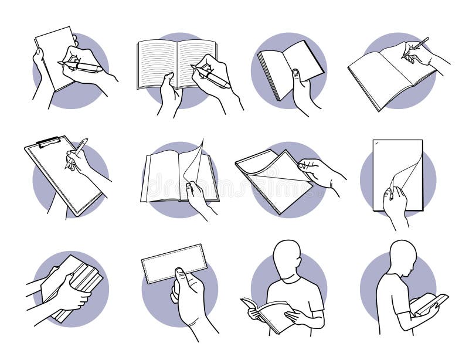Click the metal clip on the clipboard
(48, 141)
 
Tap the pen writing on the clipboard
(77, 152)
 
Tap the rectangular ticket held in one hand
(174, 263)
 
